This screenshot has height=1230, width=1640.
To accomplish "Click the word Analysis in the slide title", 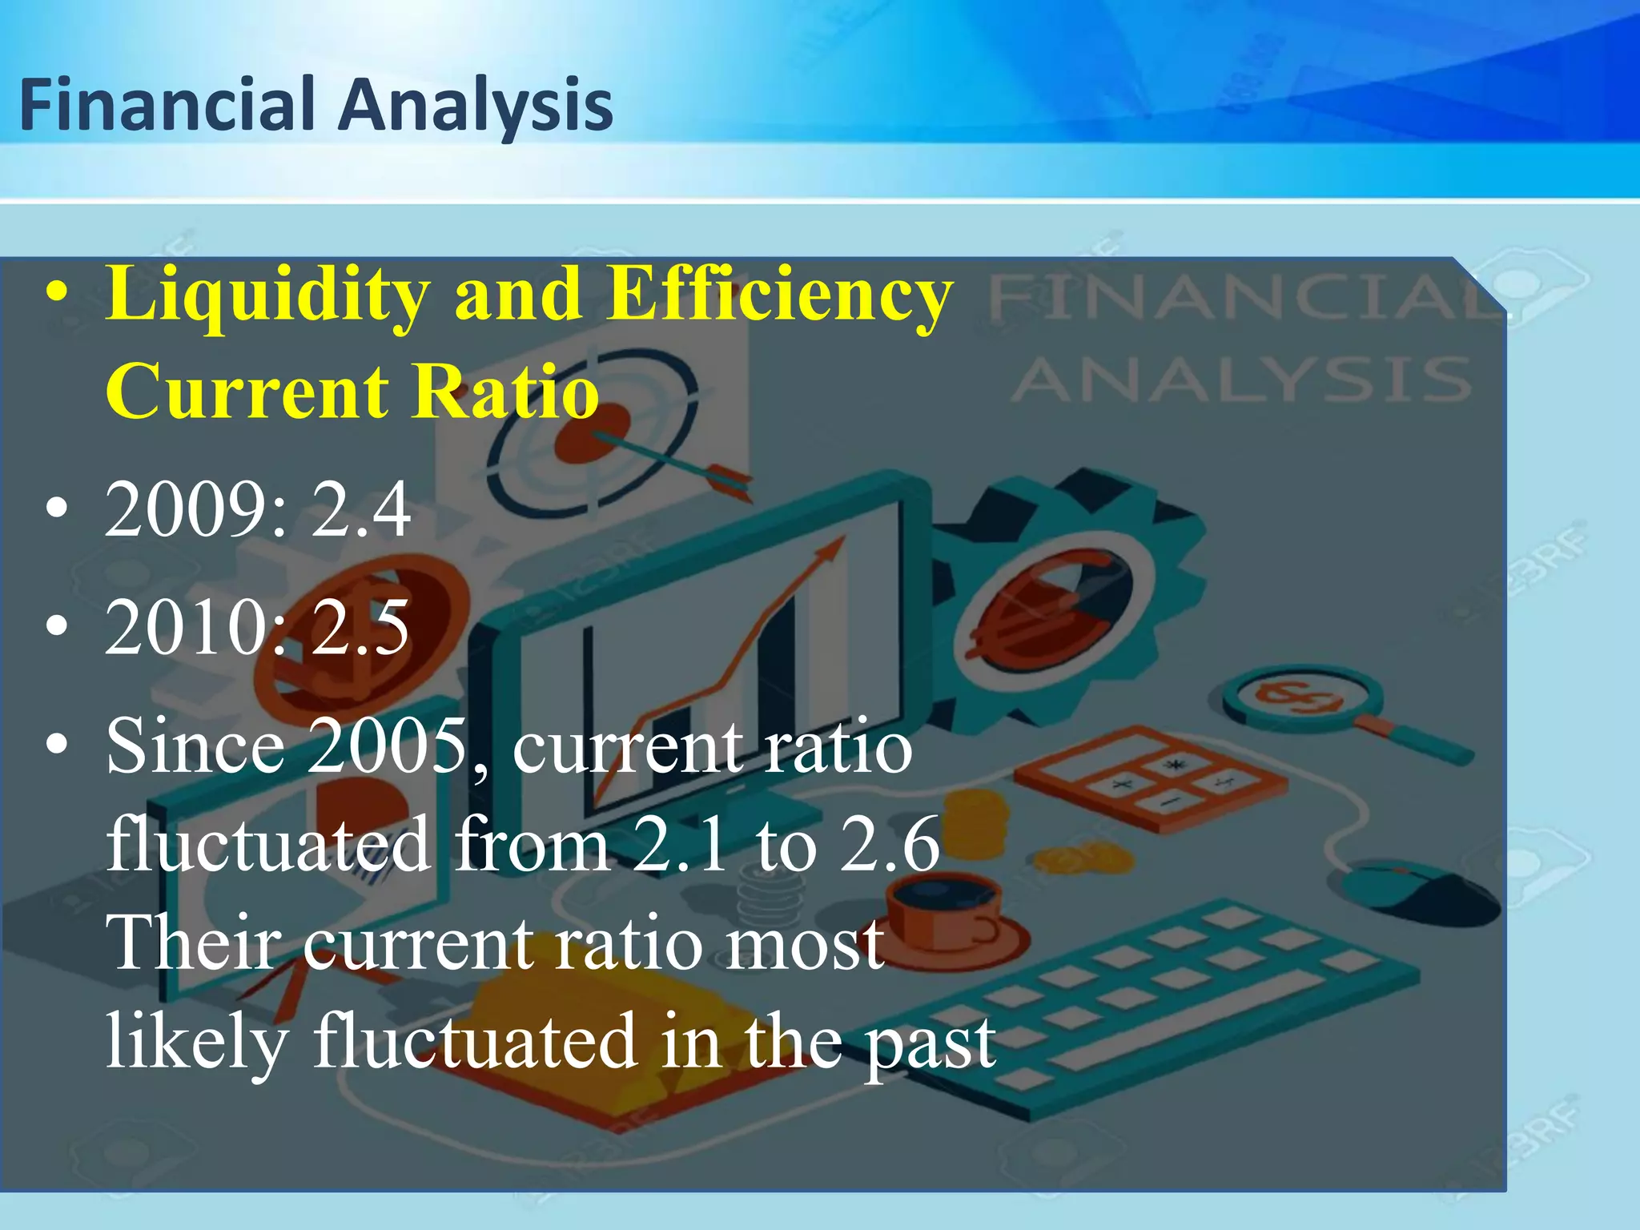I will point(476,107).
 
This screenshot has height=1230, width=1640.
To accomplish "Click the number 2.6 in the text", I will point(889,844).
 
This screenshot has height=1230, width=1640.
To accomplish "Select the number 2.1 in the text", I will point(680,844).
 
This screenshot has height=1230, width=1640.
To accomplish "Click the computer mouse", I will point(1417,889).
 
